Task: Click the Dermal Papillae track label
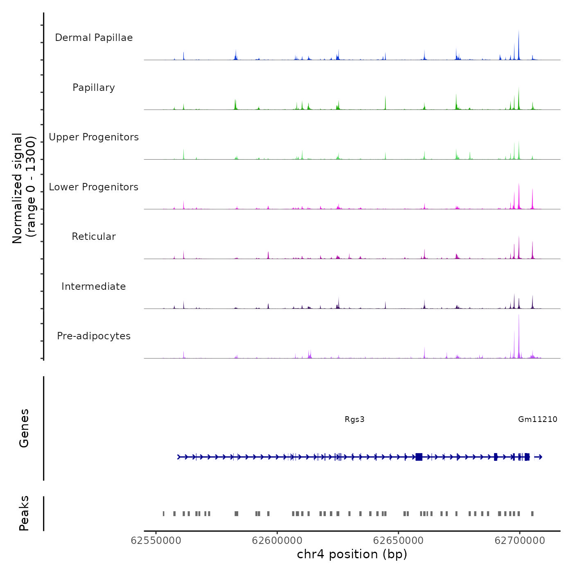click(x=94, y=38)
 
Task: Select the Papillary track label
click(x=94, y=88)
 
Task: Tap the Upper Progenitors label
click(x=94, y=137)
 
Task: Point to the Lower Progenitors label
click(x=94, y=187)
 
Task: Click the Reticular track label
click(x=94, y=237)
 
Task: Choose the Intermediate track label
click(x=94, y=286)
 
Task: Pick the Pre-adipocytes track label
click(x=94, y=336)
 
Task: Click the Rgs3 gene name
click(x=354, y=419)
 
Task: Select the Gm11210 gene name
click(x=537, y=419)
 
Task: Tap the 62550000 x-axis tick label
click(x=156, y=541)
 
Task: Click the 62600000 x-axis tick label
click(x=277, y=541)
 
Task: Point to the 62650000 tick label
click(x=398, y=541)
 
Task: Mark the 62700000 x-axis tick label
click(x=520, y=541)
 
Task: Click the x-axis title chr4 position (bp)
click(x=352, y=554)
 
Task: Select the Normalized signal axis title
click(x=24, y=188)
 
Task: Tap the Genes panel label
click(x=24, y=428)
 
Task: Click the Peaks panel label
click(x=24, y=513)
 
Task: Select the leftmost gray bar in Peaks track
click(x=163, y=514)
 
